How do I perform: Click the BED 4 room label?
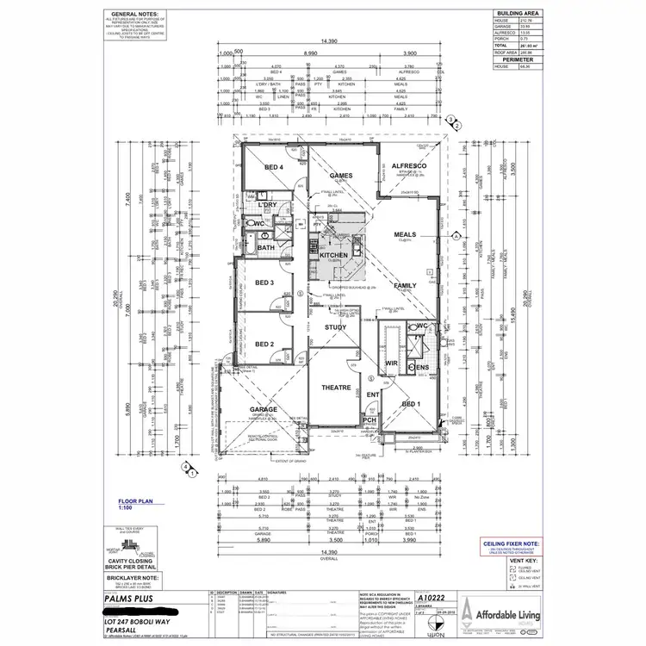[x=274, y=166]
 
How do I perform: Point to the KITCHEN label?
[x=332, y=255]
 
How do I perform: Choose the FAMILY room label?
[x=406, y=285]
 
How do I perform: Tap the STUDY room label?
[x=335, y=327]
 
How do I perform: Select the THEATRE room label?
[x=335, y=388]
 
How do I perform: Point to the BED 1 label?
[x=411, y=403]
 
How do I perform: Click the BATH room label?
[x=265, y=247]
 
